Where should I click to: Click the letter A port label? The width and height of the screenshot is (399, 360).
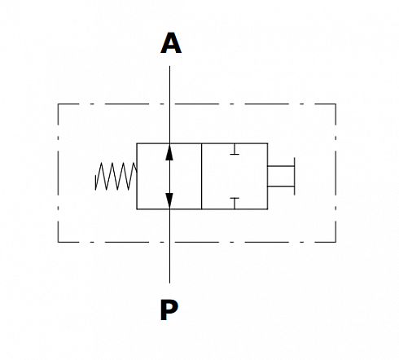pyautogui.click(x=171, y=43)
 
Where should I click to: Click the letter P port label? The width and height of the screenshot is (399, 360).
pyautogui.click(x=169, y=310)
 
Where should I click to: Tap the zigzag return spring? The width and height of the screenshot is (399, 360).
pyautogui.click(x=116, y=176)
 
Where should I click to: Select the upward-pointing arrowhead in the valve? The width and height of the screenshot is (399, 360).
pyautogui.click(x=169, y=152)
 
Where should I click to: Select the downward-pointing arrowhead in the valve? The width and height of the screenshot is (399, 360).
pyautogui.click(x=169, y=200)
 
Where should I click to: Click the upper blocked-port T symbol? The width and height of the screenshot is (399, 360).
pyautogui.click(x=235, y=149)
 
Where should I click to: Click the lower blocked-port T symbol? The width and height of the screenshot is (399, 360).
pyautogui.click(x=235, y=204)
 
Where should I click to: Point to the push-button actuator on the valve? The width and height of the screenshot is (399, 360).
pyautogui.click(x=281, y=176)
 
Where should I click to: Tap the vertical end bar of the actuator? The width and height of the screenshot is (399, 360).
pyautogui.click(x=294, y=176)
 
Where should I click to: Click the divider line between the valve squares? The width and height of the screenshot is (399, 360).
pyautogui.click(x=202, y=176)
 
